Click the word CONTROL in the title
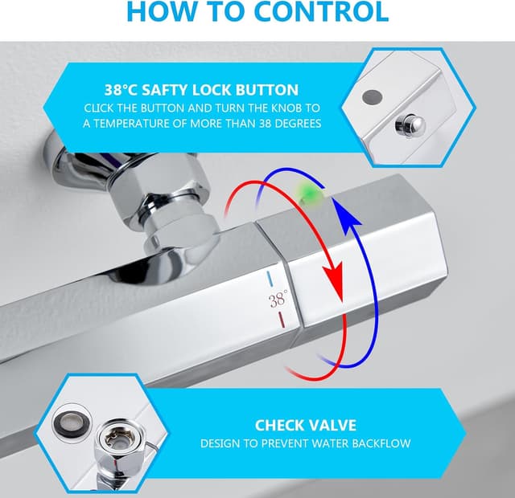click(x=322, y=12)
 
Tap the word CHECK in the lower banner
click(x=279, y=425)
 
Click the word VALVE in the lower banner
click(x=332, y=425)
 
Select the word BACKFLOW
click(x=381, y=443)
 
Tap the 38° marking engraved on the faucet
click(x=278, y=299)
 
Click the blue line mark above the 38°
click(x=270, y=279)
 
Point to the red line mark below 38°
click(x=282, y=320)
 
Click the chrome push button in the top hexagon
click(x=410, y=125)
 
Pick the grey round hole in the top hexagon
click(x=372, y=96)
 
